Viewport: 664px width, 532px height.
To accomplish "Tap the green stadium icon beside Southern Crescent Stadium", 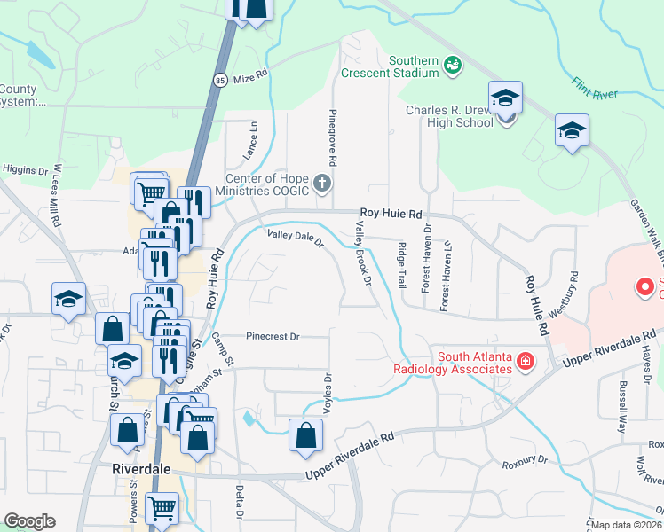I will click(453, 64).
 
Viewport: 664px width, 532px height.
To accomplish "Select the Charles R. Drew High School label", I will click(449, 116).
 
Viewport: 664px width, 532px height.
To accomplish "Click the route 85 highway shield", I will click(219, 80).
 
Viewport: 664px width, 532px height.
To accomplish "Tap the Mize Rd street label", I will click(250, 78).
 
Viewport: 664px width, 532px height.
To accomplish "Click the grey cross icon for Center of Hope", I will click(322, 184).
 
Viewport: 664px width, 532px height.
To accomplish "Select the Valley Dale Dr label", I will click(296, 237).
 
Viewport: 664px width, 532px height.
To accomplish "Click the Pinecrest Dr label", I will click(274, 337).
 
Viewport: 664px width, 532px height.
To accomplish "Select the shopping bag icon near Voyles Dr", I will click(305, 435).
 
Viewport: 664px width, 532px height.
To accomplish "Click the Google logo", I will click(29, 521).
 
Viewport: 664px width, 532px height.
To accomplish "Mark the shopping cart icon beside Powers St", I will click(162, 508).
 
